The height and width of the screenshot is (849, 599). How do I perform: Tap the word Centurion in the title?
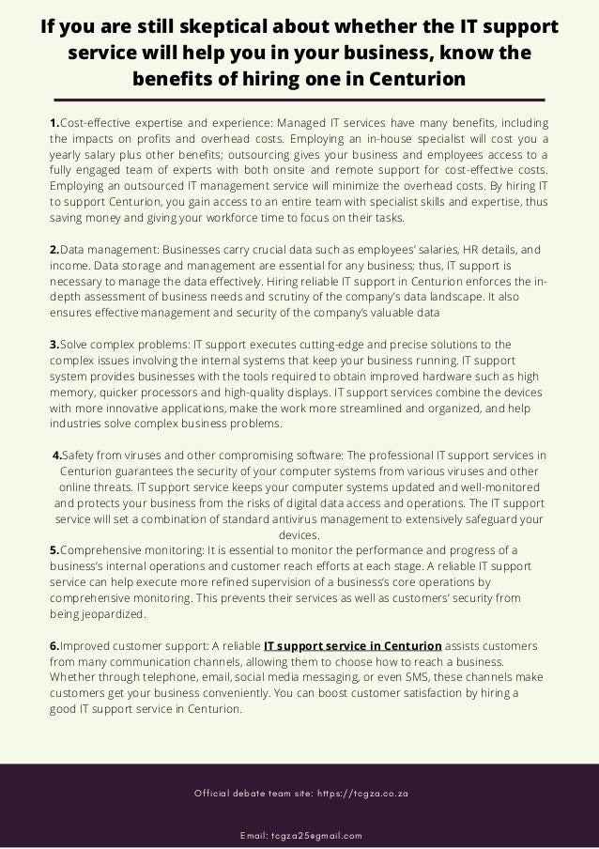pos(415,78)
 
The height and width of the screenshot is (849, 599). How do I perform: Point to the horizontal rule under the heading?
pos(299,99)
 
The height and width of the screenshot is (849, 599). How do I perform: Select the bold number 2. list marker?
pos(54,251)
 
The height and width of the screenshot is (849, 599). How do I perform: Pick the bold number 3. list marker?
pos(54,345)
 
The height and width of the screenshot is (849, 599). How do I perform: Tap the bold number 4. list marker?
pos(58,455)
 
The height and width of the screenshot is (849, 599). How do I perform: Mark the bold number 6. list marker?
pos(54,646)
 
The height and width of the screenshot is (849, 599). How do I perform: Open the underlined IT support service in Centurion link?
pos(353,646)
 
